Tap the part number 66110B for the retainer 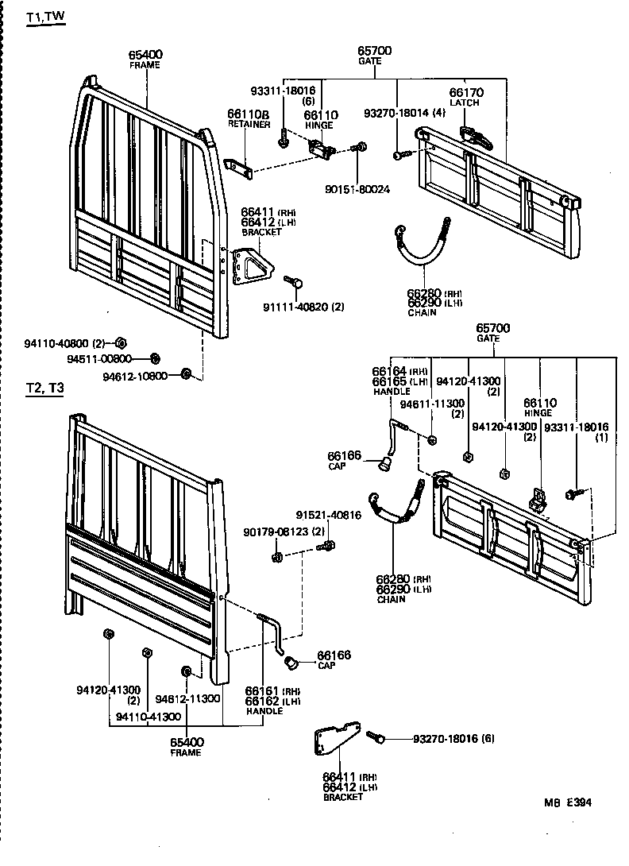coord(249,114)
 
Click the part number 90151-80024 coord(357,189)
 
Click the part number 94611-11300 coord(432,404)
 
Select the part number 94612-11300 coord(187,698)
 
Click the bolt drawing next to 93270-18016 coord(376,738)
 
